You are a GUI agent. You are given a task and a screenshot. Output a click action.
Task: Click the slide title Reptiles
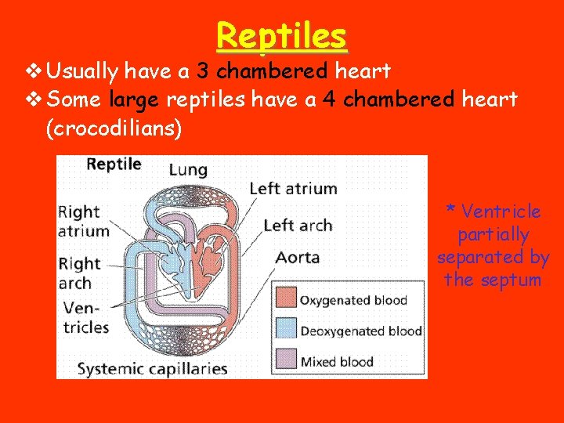pos(281,35)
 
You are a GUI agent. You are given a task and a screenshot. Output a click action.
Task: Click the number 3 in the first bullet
pos(202,71)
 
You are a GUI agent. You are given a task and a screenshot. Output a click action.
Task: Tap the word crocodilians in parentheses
pos(114,128)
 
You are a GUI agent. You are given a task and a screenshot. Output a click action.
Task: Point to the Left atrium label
pos(292,189)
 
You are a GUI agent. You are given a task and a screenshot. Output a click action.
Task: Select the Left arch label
pos(298,226)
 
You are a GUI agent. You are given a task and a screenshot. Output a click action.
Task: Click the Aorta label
pos(298,258)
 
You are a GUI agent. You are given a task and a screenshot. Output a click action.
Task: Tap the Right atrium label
pos(84,221)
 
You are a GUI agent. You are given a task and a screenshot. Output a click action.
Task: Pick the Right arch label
pos(80,273)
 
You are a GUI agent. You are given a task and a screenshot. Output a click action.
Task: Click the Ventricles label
pos(85,317)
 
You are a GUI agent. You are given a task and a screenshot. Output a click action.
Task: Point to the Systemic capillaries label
pos(152,368)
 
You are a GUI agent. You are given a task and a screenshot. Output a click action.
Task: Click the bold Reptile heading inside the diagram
pos(114,164)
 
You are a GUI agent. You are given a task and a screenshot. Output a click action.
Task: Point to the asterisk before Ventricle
pos(450,210)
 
